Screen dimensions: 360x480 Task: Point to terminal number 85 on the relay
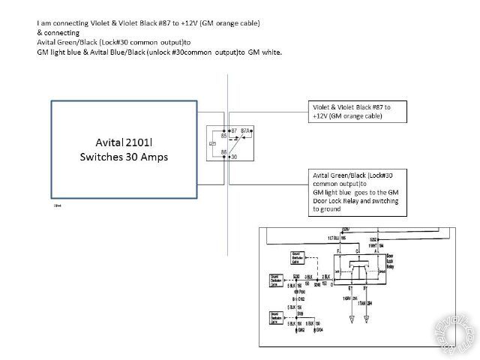[223, 136]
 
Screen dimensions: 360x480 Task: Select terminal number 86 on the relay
[223, 152]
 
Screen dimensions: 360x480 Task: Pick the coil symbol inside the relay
[215, 143]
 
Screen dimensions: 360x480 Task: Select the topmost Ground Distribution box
[300, 259]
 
